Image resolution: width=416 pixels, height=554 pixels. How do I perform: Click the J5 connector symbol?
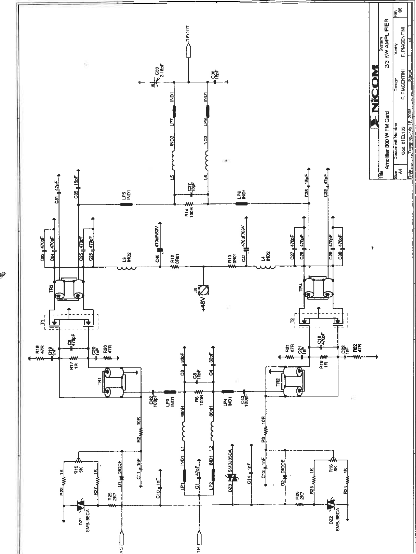pos(204,289)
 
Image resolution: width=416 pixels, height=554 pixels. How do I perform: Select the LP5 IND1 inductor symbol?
pos(126,205)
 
